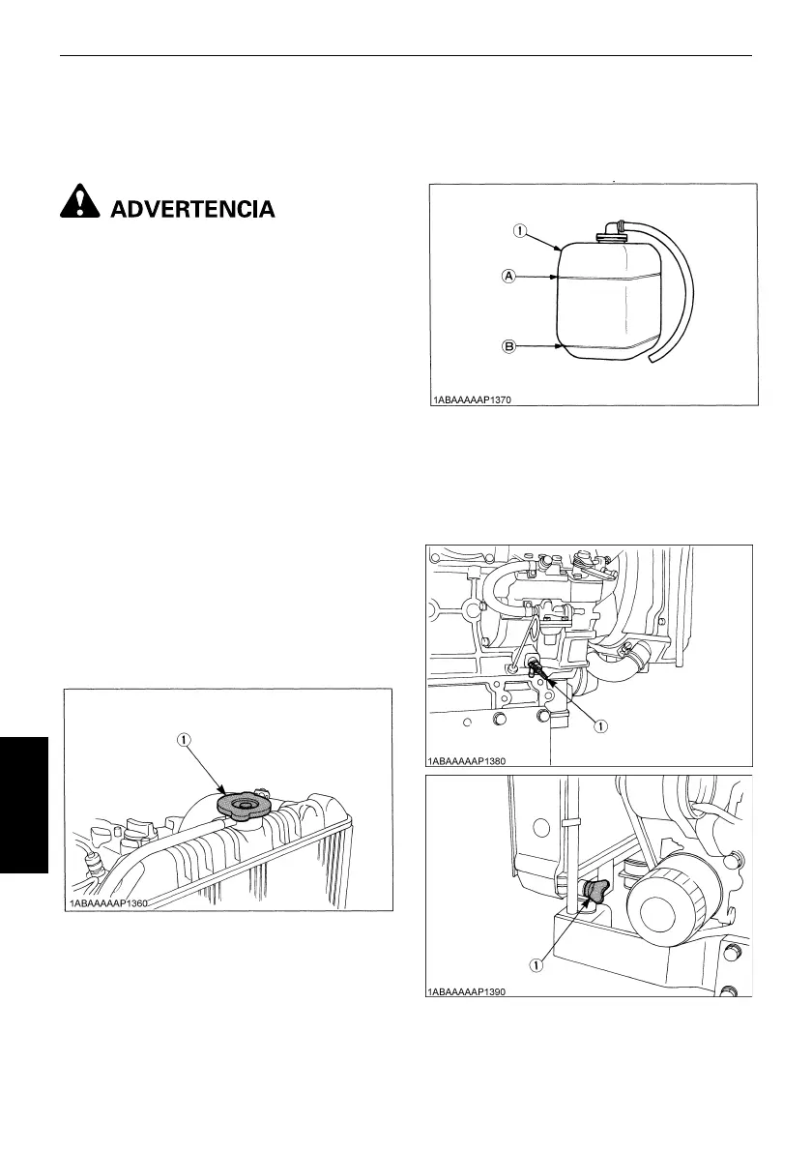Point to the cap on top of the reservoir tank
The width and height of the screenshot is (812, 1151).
(x=610, y=228)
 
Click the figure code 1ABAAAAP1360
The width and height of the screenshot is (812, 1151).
(x=111, y=902)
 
